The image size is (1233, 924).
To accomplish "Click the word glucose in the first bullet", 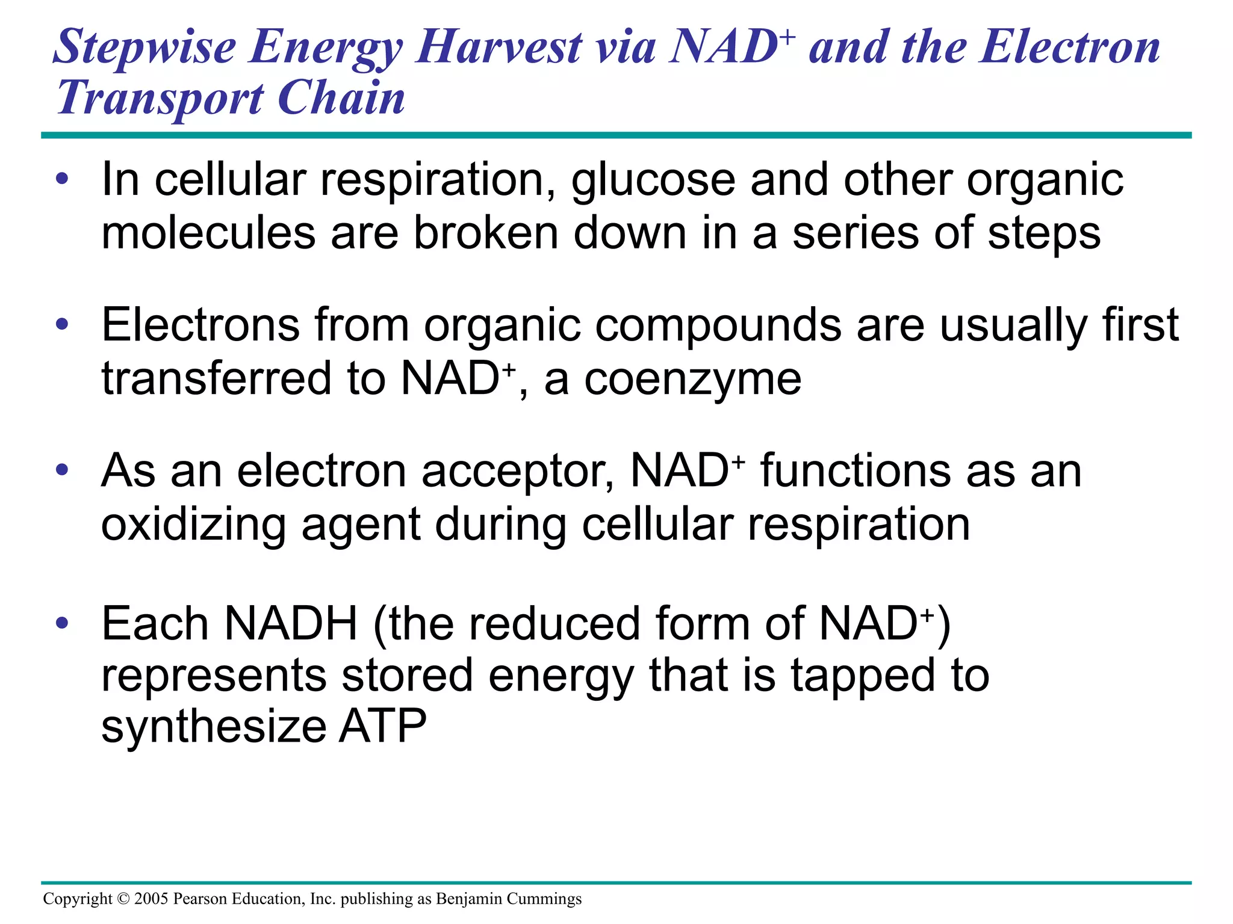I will click(653, 180).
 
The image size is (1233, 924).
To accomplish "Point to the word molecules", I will click(208, 233).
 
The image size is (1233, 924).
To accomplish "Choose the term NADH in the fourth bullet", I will click(291, 623).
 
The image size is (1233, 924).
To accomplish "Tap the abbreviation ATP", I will click(383, 727).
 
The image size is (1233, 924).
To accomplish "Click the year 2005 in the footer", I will click(151, 899).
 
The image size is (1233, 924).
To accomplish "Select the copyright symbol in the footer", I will click(123, 899).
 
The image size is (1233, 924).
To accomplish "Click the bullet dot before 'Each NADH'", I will click(62, 623).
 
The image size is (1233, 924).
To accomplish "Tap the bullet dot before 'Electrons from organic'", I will click(62, 325).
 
